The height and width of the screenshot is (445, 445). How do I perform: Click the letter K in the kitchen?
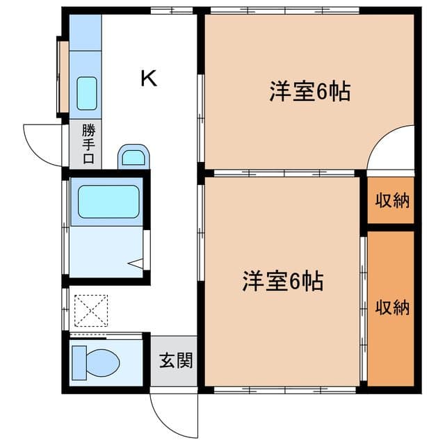148,78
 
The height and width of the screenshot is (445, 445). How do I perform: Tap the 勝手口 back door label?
88,145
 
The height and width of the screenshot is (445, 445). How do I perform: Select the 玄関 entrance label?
174,361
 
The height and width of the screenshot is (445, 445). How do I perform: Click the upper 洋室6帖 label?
309,92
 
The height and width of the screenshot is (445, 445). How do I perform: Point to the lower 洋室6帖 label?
282,282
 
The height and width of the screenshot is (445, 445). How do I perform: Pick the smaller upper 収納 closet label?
392,201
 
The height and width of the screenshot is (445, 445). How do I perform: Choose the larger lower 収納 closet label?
392,307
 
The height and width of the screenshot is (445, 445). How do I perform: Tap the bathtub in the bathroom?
108,202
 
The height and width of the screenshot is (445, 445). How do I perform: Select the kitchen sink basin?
87,94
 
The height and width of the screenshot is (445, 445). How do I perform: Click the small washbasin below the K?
133,157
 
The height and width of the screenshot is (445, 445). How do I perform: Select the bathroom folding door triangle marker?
138,264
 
